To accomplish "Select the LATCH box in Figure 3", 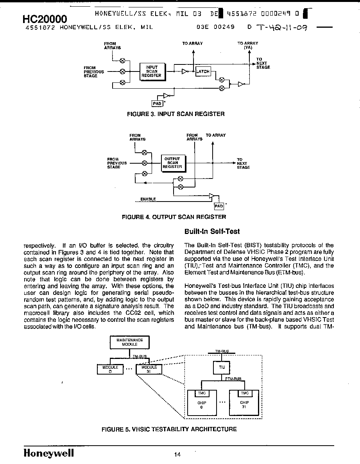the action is tap(203, 71).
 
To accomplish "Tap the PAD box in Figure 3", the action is tap(157, 104).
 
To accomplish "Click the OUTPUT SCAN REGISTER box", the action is tap(173, 163).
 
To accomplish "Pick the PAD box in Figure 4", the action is tap(219, 206).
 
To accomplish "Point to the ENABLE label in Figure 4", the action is tap(148, 199).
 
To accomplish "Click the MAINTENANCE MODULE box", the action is tap(130, 343).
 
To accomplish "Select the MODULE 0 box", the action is tap(110, 369).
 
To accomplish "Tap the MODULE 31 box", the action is tap(149, 369).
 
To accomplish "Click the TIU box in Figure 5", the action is tap(222, 368).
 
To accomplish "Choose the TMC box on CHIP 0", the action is tap(202, 393).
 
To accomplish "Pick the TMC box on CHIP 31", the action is tap(245, 393).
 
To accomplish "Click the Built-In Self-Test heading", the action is tap(212, 231).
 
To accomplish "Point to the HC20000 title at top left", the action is tap(45, 19).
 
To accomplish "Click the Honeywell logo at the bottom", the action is tap(49, 453).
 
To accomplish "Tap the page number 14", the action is tap(177, 455).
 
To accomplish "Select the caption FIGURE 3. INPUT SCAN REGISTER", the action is tap(176, 114).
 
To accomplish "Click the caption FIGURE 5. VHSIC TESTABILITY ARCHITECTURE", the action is tap(169, 429).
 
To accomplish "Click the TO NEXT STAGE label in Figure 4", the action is tap(244, 163).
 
